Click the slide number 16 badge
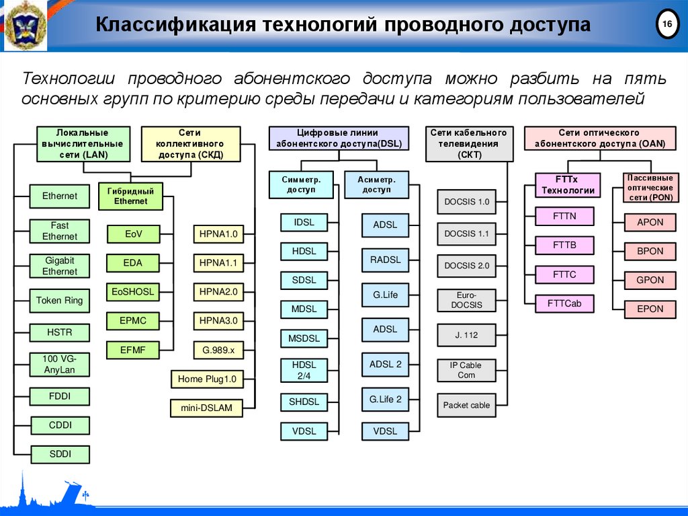click(x=667, y=25)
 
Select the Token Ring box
click(x=60, y=301)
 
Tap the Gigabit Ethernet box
click(x=60, y=266)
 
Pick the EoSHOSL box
click(x=133, y=292)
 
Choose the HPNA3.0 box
click(x=218, y=321)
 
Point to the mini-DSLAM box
click(x=206, y=408)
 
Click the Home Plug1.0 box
click(x=207, y=379)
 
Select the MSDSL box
click(x=304, y=338)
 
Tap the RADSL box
click(x=386, y=260)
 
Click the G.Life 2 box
click(x=386, y=399)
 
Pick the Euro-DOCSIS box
click(x=466, y=300)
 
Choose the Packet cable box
click(x=466, y=405)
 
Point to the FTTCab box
click(x=564, y=303)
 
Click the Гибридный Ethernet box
click(x=130, y=196)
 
